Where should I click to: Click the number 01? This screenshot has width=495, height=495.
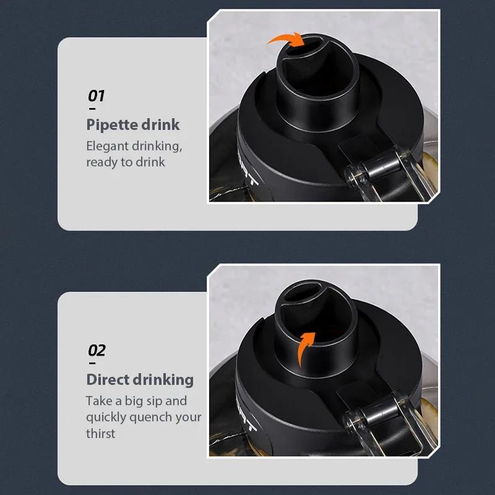96,96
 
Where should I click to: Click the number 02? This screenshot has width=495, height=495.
97,351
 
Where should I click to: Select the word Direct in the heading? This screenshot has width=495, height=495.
107,379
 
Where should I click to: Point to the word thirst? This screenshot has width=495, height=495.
101,433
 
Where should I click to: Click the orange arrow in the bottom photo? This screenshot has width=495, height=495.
304,348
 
